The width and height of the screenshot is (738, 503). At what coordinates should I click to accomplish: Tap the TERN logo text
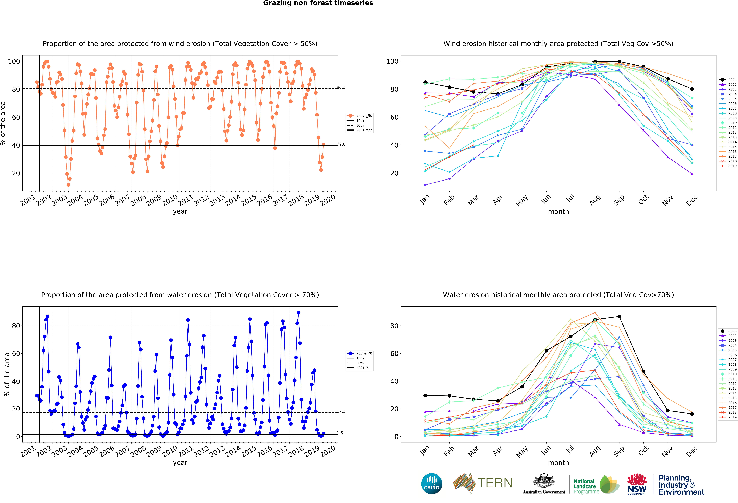pos(495,483)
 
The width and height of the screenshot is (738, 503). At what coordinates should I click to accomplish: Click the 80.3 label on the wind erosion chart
pos(341,87)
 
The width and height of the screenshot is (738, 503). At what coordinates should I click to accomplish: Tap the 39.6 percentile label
pos(341,144)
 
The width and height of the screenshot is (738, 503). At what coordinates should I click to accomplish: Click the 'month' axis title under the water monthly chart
pos(558,463)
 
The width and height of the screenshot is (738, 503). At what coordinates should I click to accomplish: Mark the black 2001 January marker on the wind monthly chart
pos(425,82)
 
